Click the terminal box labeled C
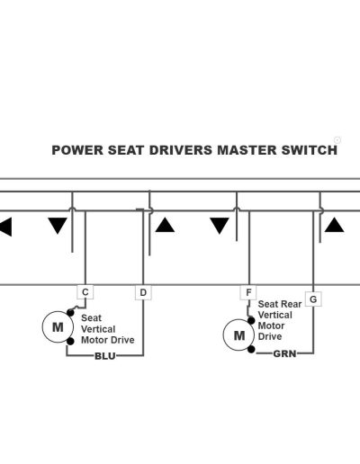(x=85, y=292)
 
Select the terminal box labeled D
(x=143, y=292)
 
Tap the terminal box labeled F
(x=248, y=292)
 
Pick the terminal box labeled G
(x=313, y=299)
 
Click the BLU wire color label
(x=105, y=356)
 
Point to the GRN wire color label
(x=284, y=353)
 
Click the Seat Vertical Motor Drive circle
(x=58, y=327)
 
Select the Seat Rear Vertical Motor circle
(x=238, y=335)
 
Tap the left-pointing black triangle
(x=5, y=227)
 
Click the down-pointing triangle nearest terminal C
(x=58, y=226)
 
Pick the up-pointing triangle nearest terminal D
(x=165, y=225)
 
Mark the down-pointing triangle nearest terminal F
(x=220, y=226)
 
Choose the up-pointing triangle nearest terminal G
(x=334, y=225)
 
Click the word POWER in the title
(x=77, y=150)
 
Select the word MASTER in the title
(x=247, y=150)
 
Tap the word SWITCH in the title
(x=310, y=150)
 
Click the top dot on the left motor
(x=70, y=313)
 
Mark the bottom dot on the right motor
(x=251, y=349)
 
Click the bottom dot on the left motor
(x=70, y=342)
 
